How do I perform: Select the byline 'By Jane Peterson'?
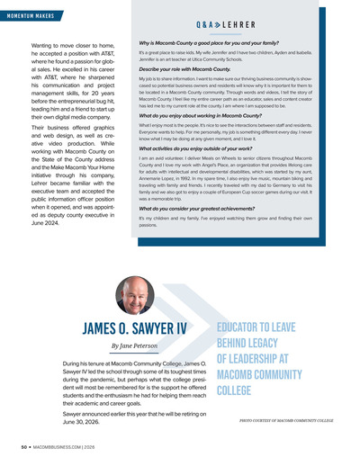click(x=133, y=345)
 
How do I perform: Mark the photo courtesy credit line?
click(x=286, y=419)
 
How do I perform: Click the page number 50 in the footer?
click(x=12, y=445)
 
